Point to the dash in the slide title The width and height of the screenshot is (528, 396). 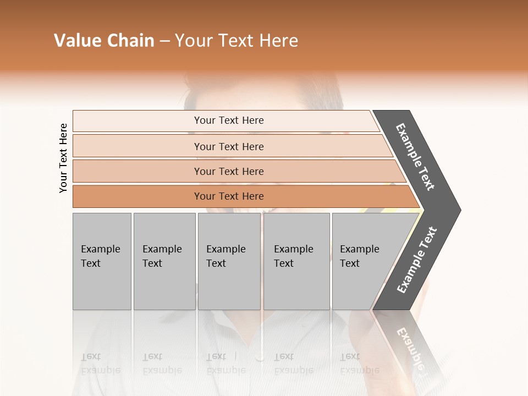coord(164,41)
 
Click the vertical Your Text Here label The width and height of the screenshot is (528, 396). coord(63,158)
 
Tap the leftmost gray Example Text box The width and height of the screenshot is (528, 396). coord(102,261)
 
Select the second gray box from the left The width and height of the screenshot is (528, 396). coord(164,261)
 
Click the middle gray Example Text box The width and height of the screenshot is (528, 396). coord(229,261)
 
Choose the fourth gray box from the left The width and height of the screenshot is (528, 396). coord(296,261)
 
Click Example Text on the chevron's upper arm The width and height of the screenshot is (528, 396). coord(415,157)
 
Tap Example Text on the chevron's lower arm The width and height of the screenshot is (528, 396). coord(417,260)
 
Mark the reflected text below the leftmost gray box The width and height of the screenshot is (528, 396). coord(100,364)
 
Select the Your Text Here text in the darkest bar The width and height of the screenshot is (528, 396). coord(229,196)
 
